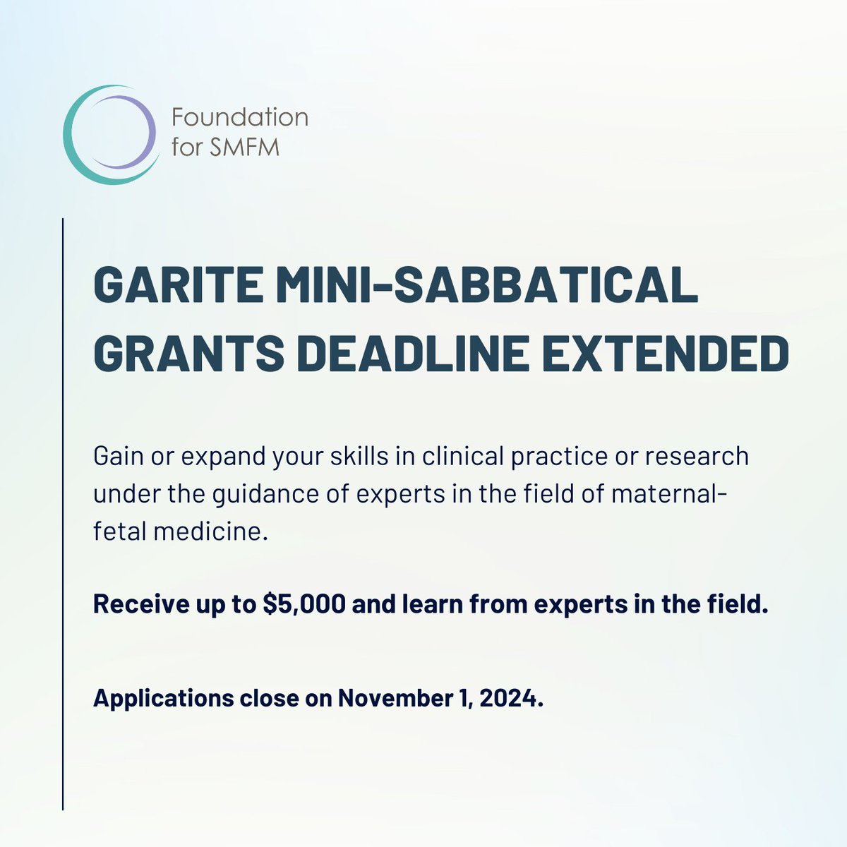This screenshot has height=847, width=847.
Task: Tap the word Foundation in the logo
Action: point(240,116)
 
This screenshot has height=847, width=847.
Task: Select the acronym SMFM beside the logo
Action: point(240,149)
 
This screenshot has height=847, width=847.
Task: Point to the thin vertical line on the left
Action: point(63,515)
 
